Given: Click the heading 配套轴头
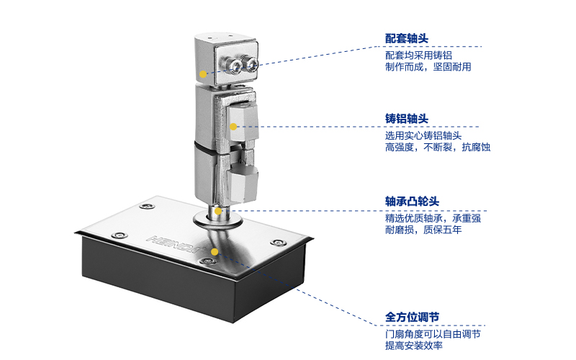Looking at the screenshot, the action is [406, 38].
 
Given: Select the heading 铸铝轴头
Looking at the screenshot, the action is [406, 119].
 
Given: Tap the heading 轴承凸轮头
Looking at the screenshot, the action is [412, 202].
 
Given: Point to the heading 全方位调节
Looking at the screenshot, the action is [412, 317].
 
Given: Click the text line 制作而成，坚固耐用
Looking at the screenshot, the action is [428, 67].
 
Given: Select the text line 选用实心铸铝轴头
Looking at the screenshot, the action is [423, 135].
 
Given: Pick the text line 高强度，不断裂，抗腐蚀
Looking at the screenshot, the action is [438, 148].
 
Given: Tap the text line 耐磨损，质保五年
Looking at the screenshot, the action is [423, 230].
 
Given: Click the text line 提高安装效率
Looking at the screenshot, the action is [413, 346].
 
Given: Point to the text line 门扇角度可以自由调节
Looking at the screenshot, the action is [433, 334].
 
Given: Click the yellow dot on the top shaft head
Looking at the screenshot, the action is [203, 74].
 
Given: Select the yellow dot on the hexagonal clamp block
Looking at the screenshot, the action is [233, 127].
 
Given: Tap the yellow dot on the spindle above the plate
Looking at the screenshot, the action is [218, 211].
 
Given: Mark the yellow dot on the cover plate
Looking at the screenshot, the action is [215, 251].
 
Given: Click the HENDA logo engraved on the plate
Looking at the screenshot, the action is [175, 244].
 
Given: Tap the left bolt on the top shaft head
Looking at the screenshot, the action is [235, 66].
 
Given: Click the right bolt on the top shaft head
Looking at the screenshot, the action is [251, 65].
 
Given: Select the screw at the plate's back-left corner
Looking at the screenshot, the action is [147, 206].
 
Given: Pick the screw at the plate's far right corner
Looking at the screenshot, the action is [278, 243].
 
